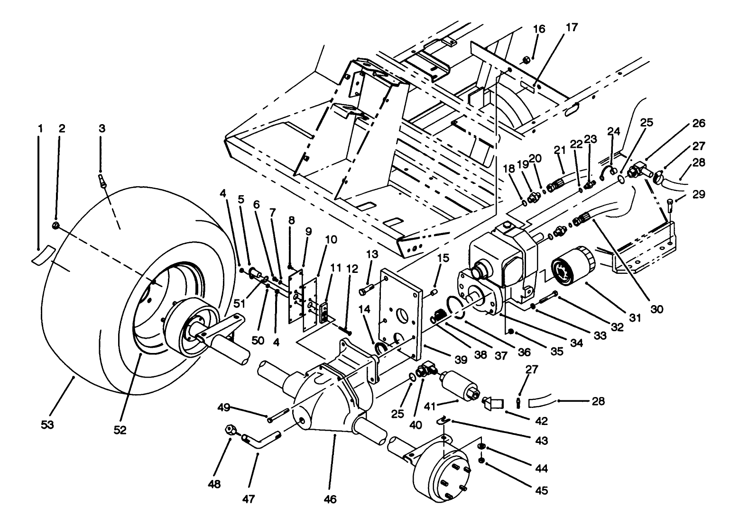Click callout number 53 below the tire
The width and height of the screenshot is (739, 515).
click(47, 425)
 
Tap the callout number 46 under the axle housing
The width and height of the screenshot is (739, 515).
click(330, 499)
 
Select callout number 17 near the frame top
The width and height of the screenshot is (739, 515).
click(572, 27)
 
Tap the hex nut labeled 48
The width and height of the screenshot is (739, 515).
click(231, 430)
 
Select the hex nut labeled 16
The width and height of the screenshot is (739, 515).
click(526, 60)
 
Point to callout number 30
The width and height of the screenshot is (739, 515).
click(656, 309)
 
